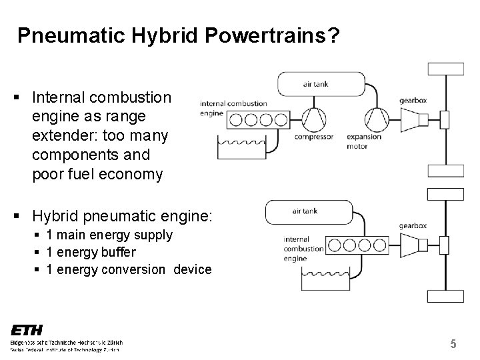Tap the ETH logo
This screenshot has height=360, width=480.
[27, 330]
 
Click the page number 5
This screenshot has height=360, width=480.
[453, 344]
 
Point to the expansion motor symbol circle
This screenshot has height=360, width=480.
[377, 119]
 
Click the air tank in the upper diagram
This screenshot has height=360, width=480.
[321, 84]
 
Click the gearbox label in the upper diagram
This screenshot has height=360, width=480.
[413, 99]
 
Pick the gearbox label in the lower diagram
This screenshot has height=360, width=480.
[413, 227]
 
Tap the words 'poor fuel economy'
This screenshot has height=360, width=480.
[97, 174]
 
